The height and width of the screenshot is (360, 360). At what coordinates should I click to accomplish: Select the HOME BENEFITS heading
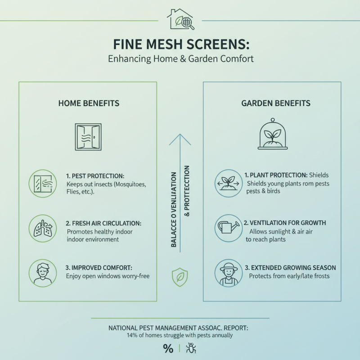(x=89, y=103)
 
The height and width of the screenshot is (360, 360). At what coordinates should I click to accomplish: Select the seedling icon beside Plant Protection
(x=228, y=183)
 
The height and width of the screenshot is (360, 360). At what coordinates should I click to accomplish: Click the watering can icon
(x=228, y=228)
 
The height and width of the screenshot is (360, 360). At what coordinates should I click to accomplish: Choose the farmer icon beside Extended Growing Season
(x=228, y=273)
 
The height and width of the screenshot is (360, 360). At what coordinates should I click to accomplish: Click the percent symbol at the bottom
(x=168, y=348)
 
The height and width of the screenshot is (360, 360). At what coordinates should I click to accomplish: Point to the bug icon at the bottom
(x=191, y=348)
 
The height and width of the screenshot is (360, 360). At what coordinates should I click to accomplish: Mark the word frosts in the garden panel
(x=320, y=275)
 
